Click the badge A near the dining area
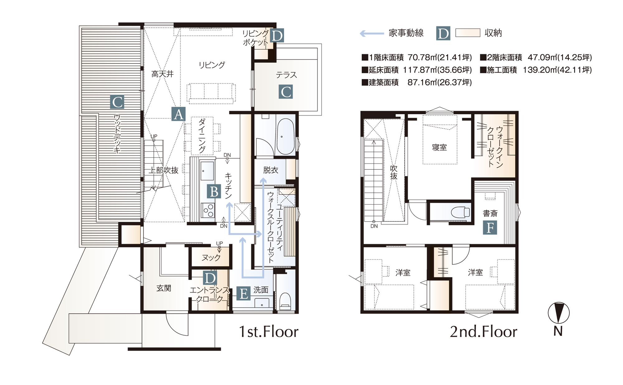point(178,114)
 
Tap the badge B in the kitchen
point(214,192)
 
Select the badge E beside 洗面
point(244,294)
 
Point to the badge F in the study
point(490,228)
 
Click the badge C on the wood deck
point(117,102)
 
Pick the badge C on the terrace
point(286,92)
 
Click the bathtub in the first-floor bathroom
point(285,136)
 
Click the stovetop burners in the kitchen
point(208,210)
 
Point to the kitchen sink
point(207,171)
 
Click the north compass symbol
point(559,313)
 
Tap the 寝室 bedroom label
point(440,147)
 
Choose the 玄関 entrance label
point(164,288)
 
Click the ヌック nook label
point(211,258)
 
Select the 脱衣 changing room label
point(271,170)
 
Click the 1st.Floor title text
point(268,332)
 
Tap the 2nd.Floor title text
point(483,332)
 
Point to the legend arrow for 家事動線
point(372,33)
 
